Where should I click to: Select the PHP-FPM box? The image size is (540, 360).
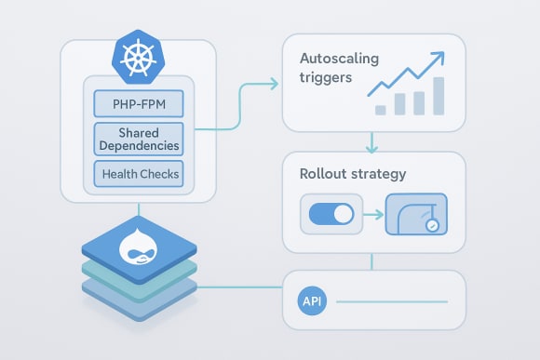[139, 103]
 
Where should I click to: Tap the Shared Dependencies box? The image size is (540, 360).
[139, 139]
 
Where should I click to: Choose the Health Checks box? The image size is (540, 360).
[139, 174]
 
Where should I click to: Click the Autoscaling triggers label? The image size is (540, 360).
[327, 69]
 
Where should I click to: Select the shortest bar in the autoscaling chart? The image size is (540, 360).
[381, 109]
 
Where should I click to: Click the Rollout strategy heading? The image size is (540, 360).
[340, 173]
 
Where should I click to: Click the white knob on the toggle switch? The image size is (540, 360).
[342, 216]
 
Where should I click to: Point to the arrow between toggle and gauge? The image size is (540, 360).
[372, 216]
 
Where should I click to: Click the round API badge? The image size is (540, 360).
[311, 301]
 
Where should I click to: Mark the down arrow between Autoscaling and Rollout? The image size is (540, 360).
[372, 145]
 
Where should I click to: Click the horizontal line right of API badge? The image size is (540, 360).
[392, 301]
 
